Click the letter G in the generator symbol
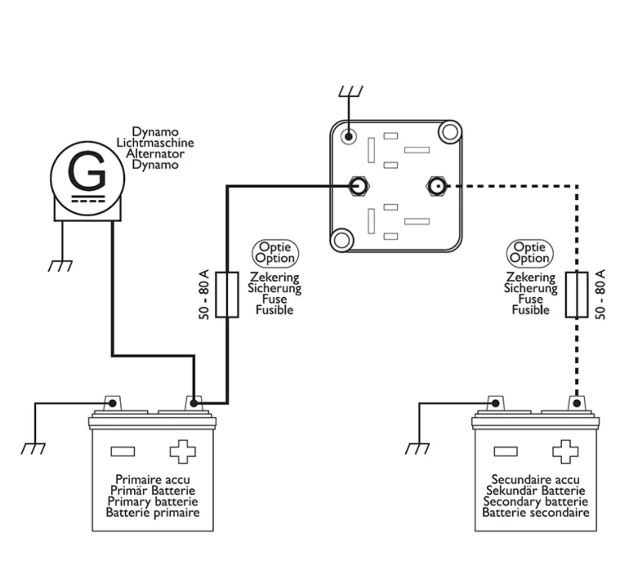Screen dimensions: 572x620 tap(87, 171)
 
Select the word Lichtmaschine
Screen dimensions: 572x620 tap(155, 143)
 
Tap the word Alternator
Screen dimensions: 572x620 tap(155, 154)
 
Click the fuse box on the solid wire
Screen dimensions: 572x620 tap(227, 295)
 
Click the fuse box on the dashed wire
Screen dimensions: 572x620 tap(577, 295)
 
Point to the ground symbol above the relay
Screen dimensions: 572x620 tap(350, 92)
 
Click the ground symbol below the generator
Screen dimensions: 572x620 tap(60, 266)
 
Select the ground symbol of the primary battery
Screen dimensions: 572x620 tap(33, 448)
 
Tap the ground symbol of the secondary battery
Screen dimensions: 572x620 tap(417, 448)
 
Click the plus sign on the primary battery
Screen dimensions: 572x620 tap(183, 451)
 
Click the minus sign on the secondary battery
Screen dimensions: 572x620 tap(506, 451)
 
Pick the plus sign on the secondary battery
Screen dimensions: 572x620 tap(565, 451)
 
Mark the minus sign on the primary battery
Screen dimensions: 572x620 tap(122, 451)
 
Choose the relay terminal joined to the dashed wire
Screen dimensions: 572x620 tap(437, 186)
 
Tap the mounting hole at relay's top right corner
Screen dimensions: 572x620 tap(450, 132)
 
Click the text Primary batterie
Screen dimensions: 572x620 tap(153, 502)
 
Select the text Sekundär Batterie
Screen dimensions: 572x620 tap(535, 491)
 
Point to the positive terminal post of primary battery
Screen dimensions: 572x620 tap(193, 403)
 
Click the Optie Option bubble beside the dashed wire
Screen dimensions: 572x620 tap(530, 253)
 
